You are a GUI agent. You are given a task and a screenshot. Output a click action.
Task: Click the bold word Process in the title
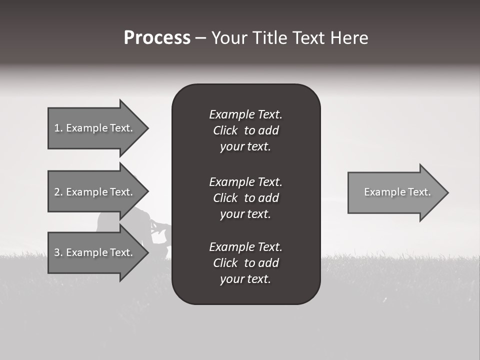157,38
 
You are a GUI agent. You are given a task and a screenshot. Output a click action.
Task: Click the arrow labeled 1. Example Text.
93,128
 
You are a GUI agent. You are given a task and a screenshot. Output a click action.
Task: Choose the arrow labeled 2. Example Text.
93,192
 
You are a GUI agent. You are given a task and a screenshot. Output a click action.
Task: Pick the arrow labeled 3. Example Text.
93,252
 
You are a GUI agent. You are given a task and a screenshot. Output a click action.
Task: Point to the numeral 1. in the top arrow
58,128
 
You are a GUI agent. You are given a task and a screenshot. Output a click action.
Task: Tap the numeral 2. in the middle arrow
58,192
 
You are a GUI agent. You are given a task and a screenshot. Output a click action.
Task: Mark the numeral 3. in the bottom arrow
58,252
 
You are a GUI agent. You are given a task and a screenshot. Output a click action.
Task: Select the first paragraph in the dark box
245,130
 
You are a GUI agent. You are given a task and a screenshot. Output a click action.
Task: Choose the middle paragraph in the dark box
245,198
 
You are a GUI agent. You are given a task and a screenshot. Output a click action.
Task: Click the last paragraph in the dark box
245,263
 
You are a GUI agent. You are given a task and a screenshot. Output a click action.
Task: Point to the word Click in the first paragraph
225,130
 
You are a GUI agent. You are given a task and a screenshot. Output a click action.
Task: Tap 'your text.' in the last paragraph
245,279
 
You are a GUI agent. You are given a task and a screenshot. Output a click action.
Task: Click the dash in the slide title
200,38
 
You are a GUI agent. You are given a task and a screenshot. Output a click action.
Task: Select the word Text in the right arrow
419,192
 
